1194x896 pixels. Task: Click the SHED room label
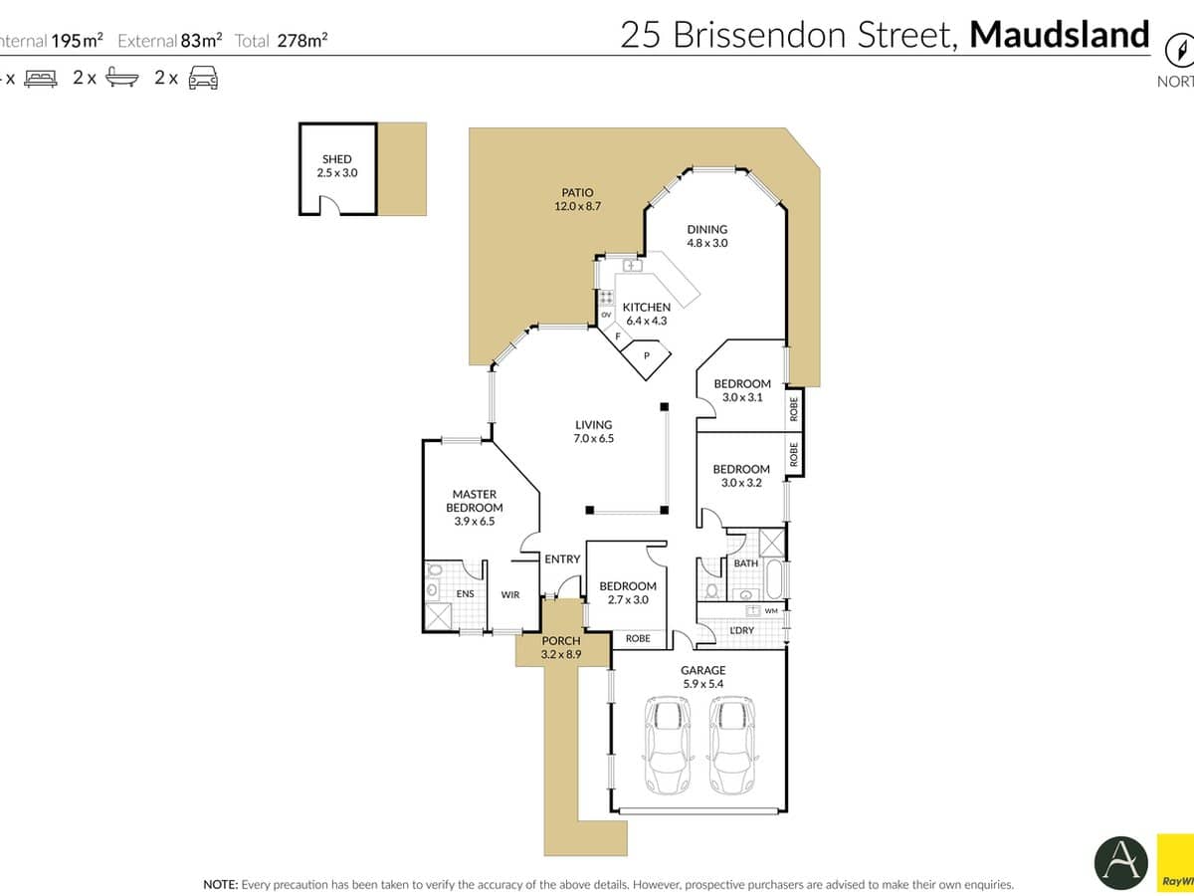tap(336, 165)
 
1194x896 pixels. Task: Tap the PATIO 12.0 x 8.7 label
tap(577, 199)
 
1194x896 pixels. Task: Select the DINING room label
tap(706, 236)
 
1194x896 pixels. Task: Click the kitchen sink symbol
tap(630, 267)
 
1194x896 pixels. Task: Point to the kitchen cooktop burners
tap(606, 298)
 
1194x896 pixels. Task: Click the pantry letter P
tap(647, 356)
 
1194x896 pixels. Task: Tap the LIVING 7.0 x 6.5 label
tap(593, 431)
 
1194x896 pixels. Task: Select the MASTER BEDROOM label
tap(474, 507)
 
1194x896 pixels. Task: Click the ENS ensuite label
tap(465, 594)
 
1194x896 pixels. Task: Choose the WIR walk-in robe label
tap(509, 594)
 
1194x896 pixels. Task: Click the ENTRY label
tap(562, 560)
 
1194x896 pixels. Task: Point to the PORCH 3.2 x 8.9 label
tap(560, 648)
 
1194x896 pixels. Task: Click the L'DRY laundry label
tap(741, 631)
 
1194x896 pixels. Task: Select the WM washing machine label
tap(771, 610)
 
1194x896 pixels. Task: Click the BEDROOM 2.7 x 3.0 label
tap(627, 593)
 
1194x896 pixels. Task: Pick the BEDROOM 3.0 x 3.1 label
tap(742, 390)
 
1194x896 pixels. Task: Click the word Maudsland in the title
tap(1060, 35)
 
